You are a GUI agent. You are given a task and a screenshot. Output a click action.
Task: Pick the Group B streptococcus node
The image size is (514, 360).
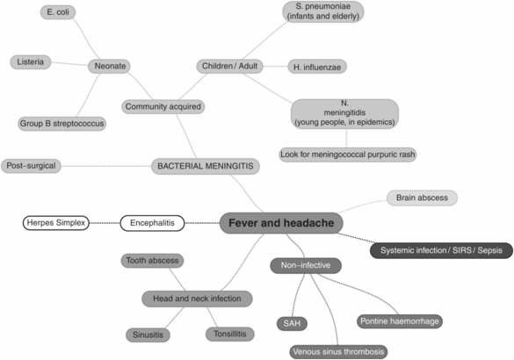(62, 124)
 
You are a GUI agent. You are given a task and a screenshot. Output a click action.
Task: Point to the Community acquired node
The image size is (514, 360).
(163, 107)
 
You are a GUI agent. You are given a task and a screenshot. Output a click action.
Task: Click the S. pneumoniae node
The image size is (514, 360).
(323, 11)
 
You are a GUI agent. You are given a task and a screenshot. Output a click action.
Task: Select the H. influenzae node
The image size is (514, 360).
(320, 66)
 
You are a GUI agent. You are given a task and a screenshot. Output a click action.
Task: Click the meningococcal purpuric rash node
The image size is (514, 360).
(348, 154)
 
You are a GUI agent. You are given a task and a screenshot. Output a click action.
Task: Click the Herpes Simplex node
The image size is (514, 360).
(56, 223)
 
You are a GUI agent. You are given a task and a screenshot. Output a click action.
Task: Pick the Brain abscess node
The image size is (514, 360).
(422, 198)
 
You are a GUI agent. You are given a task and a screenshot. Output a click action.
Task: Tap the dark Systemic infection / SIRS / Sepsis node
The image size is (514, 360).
(441, 250)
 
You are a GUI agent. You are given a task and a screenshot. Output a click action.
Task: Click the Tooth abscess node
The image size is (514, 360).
(151, 260)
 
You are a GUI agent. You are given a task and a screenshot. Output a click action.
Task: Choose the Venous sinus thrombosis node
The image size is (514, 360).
(337, 351)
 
